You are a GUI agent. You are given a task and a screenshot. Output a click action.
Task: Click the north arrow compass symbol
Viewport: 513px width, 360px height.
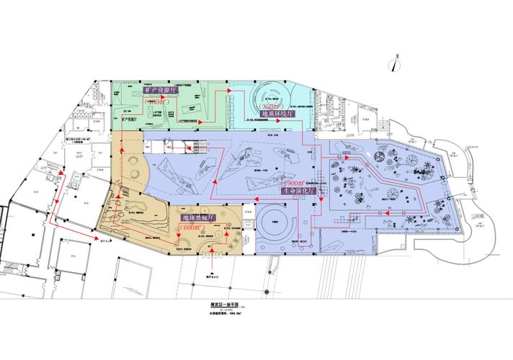pos(396,63)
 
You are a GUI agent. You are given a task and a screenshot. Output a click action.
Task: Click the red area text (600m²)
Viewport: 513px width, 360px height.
pos(192,228)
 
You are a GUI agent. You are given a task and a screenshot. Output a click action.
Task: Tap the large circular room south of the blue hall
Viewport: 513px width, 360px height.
pos(275,219)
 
